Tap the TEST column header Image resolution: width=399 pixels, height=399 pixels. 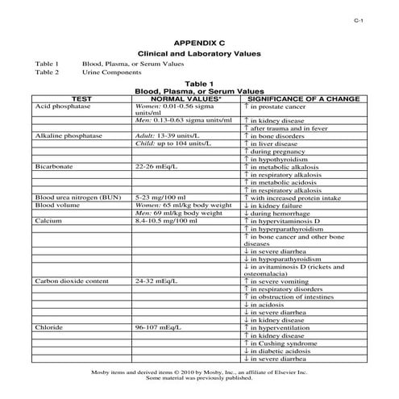click(81, 98)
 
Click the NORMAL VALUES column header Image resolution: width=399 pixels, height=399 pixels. click(187, 98)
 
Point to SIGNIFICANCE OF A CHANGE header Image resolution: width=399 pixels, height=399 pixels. click(300, 98)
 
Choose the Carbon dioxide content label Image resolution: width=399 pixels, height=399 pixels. click(69, 281)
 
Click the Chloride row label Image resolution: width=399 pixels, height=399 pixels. click(49, 328)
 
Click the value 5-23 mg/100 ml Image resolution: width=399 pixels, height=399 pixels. click(160, 196)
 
